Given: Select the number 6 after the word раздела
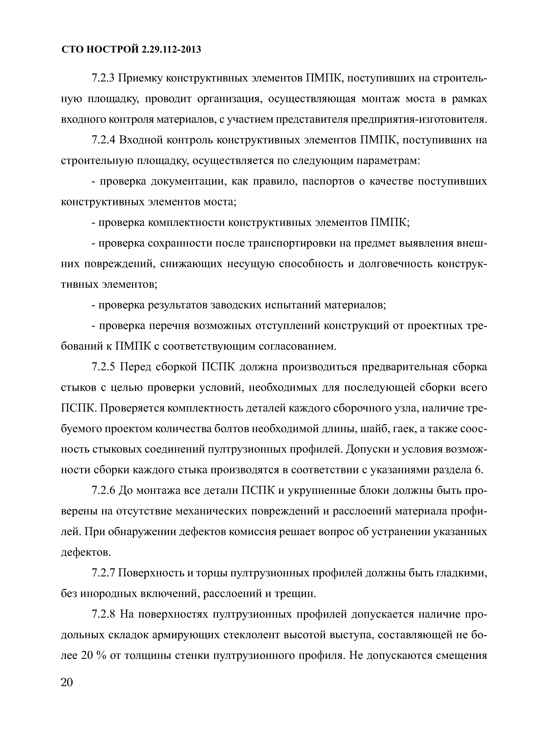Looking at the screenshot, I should click(479, 470).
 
